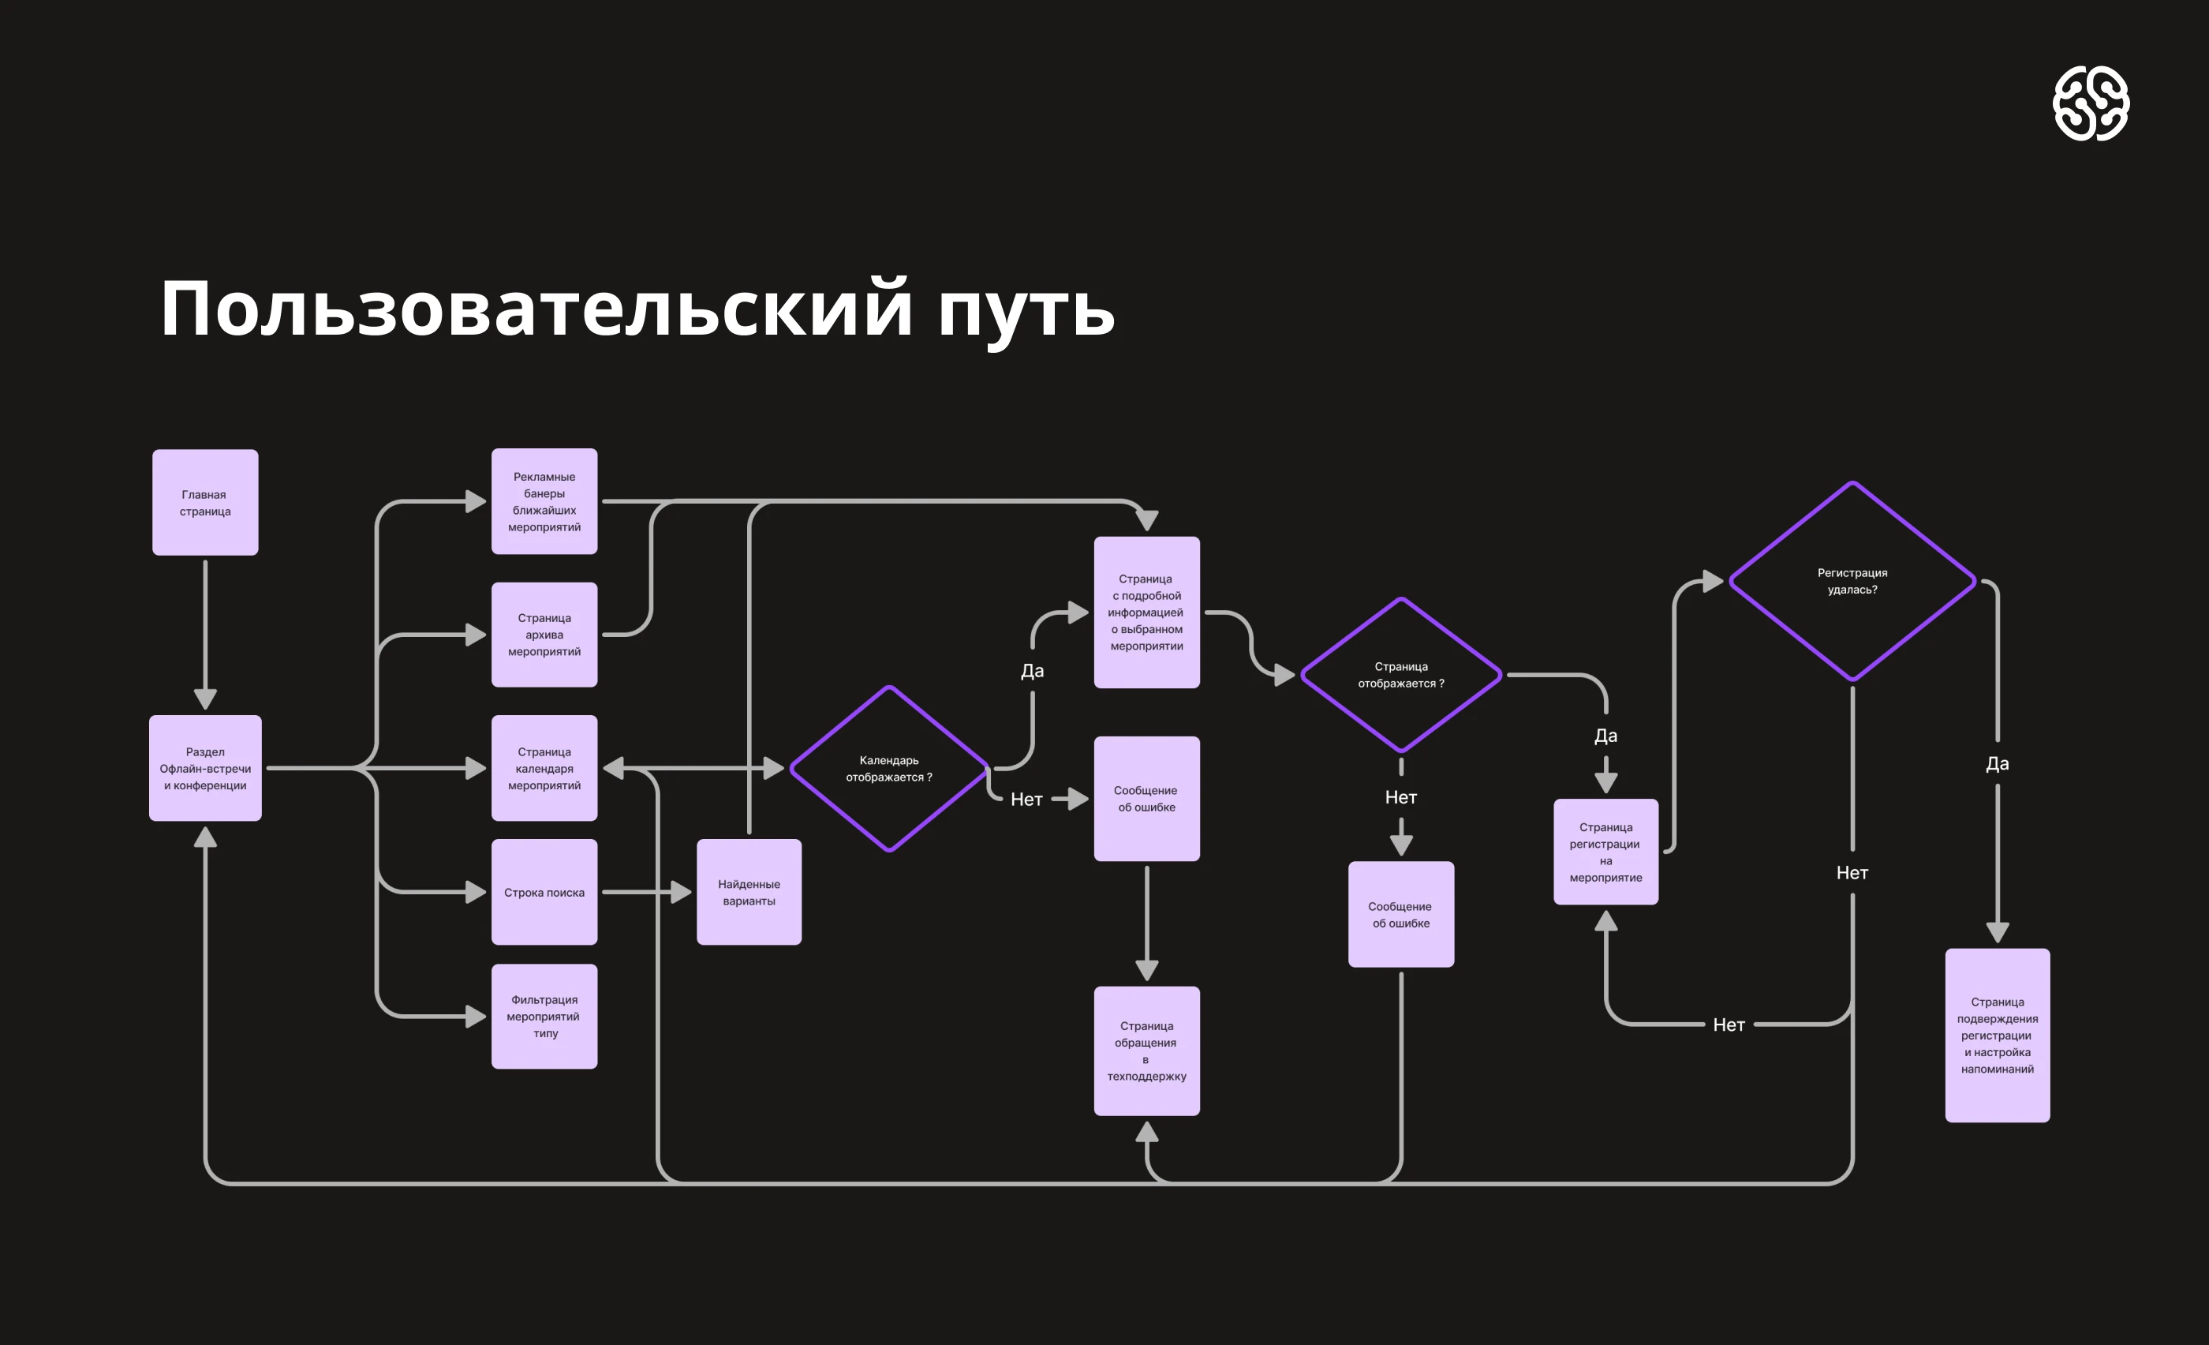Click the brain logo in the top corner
pyautogui.click(x=2091, y=103)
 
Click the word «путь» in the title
pyautogui.click(x=1026, y=309)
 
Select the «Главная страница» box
pyautogui.click(x=205, y=502)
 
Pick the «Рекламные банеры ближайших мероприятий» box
pyautogui.click(x=544, y=501)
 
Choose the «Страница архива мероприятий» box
pyautogui.click(x=544, y=635)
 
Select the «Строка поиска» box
pyautogui.click(x=544, y=892)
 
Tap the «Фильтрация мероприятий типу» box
pyautogui.click(x=544, y=1016)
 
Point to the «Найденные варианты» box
pyautogui.click(x=749, y=892)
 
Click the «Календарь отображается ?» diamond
pyautogui.click(x=888, y=769)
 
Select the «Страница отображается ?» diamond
pyautogui.click(x=1400, y=674)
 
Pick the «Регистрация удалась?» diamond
pyautogui.click(x=1852, y=581)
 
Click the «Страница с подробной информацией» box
pyautogui.click(x=1146, y=613)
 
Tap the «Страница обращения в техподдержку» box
pyautogui.click(x=1146, y=1051)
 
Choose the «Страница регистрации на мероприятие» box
pyautogui.click(x=1605, y=852)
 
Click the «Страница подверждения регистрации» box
pyautogui.click(x=1998, y=1035)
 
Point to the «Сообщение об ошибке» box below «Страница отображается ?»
pyautogui.click(x=1400, y=915)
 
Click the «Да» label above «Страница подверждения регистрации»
pyautogui.click(x=1998, y=764)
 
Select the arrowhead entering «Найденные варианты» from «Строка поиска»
pyautogui.click(x=682, y=892)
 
